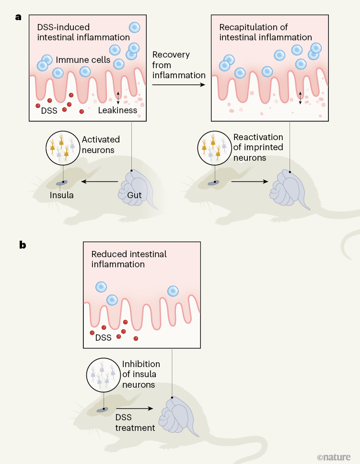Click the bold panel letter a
click(x=19, y=17)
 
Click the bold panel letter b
click(x=23, y=245)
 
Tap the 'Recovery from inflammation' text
click(x=179, y=65)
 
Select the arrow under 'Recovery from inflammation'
click(x=179, y=85)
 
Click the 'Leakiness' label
click(x=117, y=110)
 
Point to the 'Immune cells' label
click(x=83, y=60)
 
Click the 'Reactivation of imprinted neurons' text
click(x=258, y=147)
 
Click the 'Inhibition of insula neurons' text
click(x=141, y=374)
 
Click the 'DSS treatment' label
click(x=135, y=423)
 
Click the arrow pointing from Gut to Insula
click(x=99, y=182)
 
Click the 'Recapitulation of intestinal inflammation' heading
click(x=266, y=32)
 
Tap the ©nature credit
click(x=334, y=456)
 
